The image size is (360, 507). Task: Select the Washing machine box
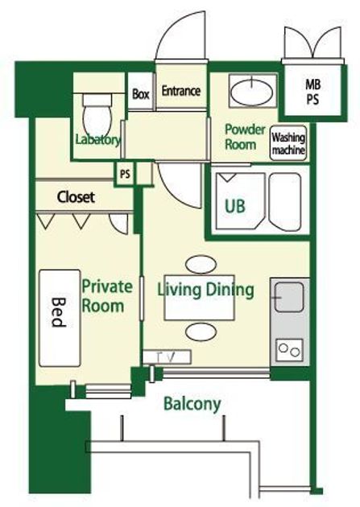tap(288, 143)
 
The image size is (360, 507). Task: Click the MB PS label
tap(312, 92)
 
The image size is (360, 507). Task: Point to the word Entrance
tap(181, 91)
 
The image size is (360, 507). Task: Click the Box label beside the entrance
tap(141, 94)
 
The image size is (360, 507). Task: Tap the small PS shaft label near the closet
tap(125, 174)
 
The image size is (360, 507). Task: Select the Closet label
tap(76, 197)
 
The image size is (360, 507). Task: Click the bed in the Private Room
tap(60, 318)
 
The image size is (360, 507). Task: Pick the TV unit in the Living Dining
tap(167, 357)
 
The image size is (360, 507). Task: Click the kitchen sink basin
tap(289, 297)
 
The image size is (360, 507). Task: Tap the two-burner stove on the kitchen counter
tap(290, 351)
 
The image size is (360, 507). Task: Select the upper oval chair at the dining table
tap(201, 264)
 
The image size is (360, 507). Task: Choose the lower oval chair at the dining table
tap(201, 332)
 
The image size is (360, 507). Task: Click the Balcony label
tap(192, 404)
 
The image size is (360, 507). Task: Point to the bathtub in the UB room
tap(285, 202)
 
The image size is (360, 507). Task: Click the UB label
tap(235, 206)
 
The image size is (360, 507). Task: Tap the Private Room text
tap(107, 296)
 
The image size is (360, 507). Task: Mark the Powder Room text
tap(245, 137)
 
